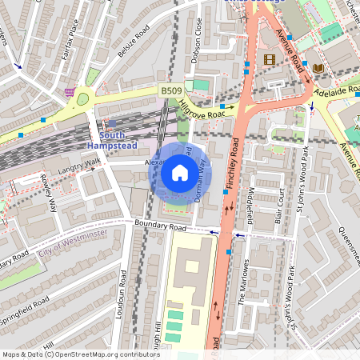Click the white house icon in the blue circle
180,173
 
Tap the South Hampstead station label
111,141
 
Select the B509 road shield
169,93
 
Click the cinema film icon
269,59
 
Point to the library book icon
318,68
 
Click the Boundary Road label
160,227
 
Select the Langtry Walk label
79,164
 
